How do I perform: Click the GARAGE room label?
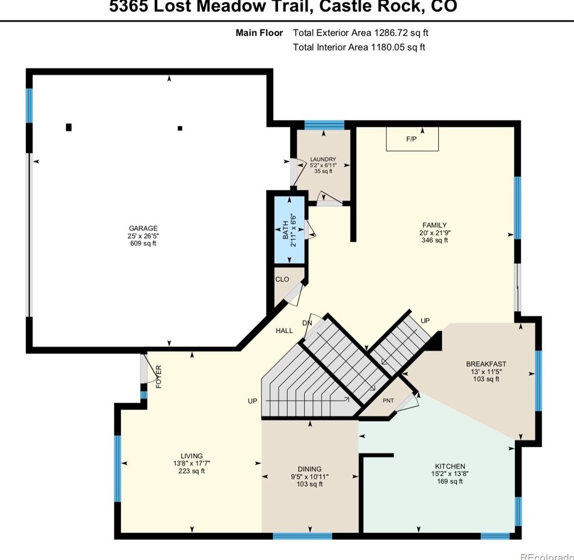[143, 228]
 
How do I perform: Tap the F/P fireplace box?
[412, 139]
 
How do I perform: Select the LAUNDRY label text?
[323, 159]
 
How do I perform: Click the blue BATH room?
[289, 230]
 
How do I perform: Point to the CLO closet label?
[282, 279]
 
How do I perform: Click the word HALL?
[284, 331]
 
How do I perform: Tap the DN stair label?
[307, 323]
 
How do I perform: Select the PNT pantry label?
[388, 401]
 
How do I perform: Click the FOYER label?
[159, 377]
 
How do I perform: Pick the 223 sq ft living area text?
[191, 471]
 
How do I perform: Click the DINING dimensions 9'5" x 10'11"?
[309, 477]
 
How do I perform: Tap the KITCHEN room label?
[450, 466]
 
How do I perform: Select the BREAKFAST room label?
[486, 364]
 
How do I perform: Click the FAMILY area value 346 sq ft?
[435, 241]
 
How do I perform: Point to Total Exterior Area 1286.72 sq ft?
[360, 33]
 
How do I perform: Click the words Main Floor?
[259, 33]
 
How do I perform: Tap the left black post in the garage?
[69, 127]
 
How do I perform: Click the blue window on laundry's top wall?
[324, 124]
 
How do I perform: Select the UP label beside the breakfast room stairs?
[425, 320]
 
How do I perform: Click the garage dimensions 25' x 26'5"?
[143, 236]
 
